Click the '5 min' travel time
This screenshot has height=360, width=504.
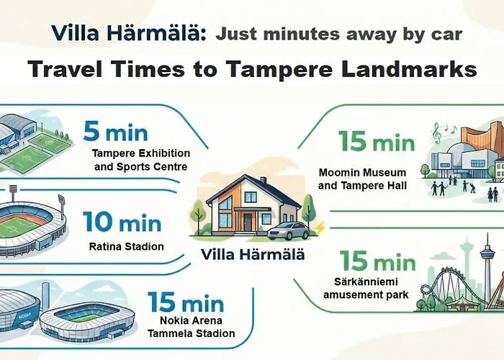[115, 132]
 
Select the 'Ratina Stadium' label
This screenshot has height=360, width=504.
[127, 247]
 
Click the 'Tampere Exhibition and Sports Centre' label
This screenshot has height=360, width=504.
[141, 161]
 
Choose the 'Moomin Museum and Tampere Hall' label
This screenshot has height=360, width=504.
[362, 179]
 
